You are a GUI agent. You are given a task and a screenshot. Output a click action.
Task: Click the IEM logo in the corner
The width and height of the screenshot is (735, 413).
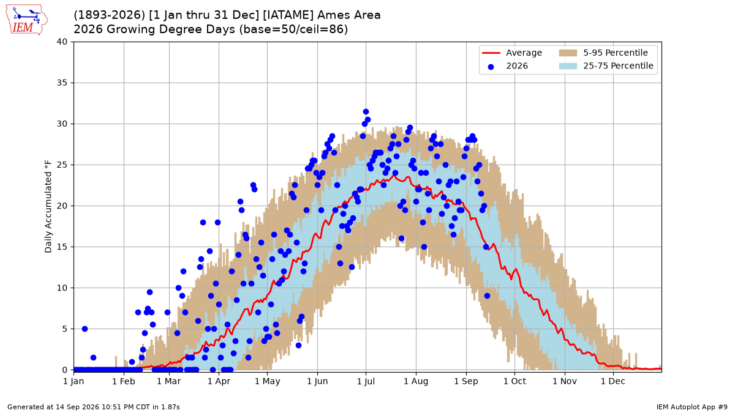[26, 20]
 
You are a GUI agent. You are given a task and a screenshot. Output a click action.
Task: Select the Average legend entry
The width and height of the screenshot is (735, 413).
[512, 53]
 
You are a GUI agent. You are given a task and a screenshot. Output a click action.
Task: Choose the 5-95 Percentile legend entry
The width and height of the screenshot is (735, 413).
[603, 53]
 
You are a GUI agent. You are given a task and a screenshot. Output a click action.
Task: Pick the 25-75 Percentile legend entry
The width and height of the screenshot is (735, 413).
[606, 66]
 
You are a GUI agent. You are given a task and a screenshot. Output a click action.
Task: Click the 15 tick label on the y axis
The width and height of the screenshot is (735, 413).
[62, 247]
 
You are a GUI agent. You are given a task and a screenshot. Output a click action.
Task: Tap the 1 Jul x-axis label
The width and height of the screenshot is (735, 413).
[366, 382]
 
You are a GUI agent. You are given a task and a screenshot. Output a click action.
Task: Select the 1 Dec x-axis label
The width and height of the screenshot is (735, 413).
[613, 382]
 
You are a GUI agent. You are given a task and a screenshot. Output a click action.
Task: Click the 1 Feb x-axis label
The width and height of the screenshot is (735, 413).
[124, 382]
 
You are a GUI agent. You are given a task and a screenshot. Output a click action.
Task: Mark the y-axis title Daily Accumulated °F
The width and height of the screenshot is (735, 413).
[48, 207]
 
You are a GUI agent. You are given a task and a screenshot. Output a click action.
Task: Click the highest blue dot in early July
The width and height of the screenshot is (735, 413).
[366, 112]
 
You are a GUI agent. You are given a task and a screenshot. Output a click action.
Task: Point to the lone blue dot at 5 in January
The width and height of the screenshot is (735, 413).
[85, 329]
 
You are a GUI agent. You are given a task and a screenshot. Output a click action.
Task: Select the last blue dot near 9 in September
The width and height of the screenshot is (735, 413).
[487, 296]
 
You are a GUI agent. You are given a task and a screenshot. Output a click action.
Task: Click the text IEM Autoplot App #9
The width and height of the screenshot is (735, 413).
[692, 407]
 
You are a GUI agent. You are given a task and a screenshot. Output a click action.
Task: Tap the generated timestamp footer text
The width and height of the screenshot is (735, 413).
[94, 407]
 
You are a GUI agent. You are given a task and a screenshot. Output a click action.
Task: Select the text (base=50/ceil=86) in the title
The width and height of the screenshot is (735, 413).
[293, 29]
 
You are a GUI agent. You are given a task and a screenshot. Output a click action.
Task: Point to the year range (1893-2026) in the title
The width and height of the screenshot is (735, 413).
[109, 15]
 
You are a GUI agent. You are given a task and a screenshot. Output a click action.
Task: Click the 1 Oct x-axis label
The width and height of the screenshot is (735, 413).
[514, 382]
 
